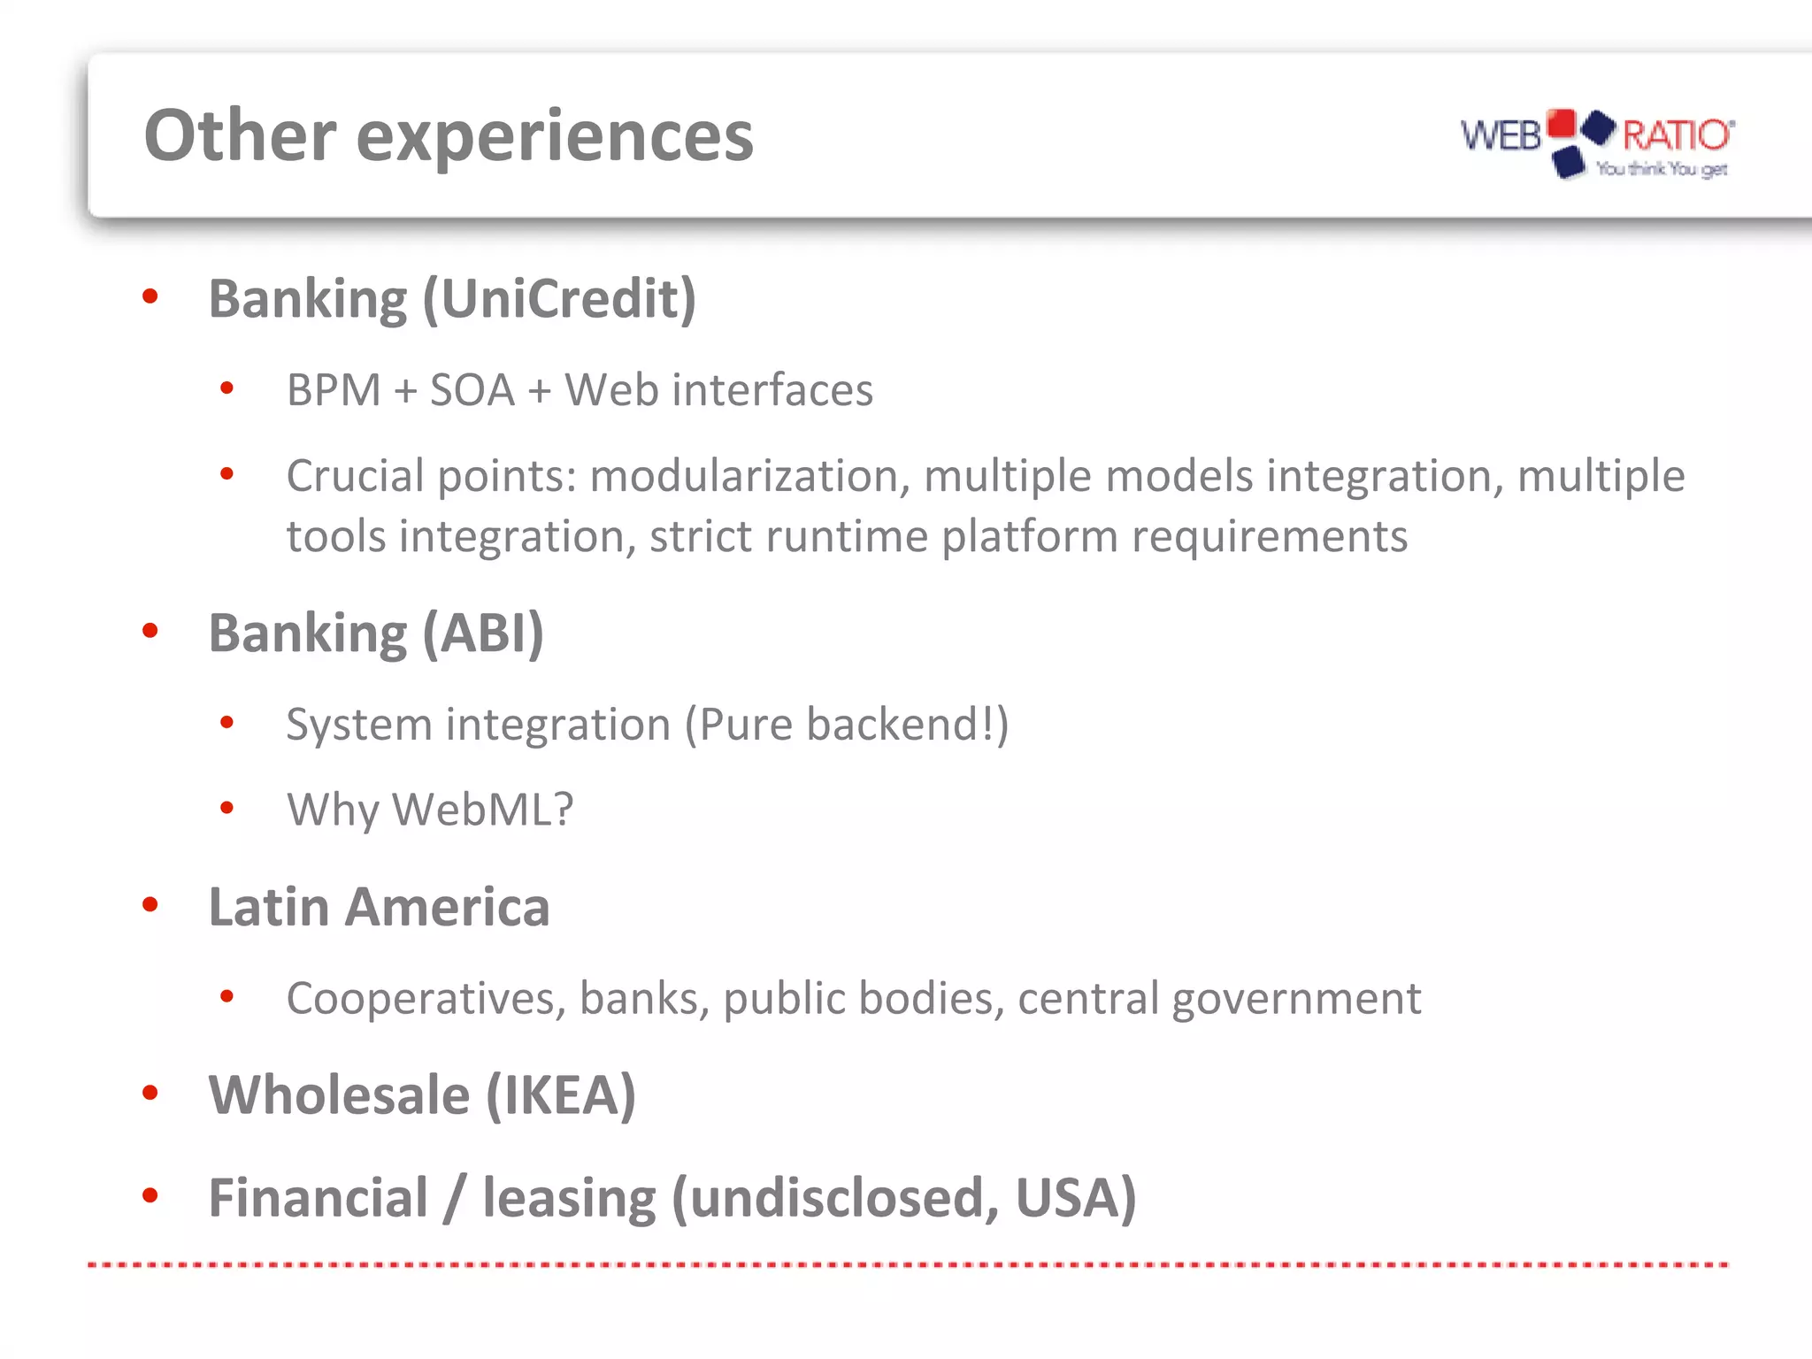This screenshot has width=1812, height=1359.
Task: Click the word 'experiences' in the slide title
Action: [x=555, y=137]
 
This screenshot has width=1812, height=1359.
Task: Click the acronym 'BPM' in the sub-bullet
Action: [x=334, y=390]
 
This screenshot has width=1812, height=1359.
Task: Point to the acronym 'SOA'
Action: [x=472, y=390]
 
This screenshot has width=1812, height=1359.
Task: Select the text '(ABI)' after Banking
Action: [x=483, y=633]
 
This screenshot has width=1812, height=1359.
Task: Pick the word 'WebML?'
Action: [x=483, y=810]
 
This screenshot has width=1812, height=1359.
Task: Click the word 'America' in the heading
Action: [x=447, y=907]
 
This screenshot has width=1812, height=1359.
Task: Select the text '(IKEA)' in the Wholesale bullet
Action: [x=561, y=1095]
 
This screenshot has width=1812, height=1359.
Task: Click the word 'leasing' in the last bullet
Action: [x=568, y=1198]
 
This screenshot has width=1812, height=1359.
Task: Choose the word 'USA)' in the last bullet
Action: [x=1075, y=1198]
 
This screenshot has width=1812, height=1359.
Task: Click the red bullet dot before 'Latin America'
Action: [x=150, y=904]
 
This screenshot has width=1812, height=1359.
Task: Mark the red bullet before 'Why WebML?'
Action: [x=227, y=807]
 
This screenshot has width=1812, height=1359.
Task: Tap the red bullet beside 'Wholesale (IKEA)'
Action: [x=150, y=1093]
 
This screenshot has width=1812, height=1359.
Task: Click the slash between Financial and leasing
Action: [x=454, y=1198]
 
